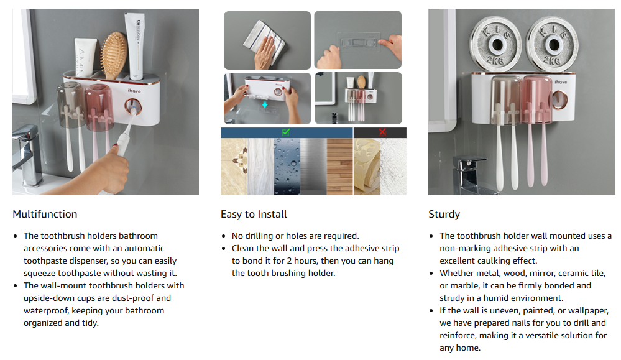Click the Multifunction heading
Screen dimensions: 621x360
coord(45,215)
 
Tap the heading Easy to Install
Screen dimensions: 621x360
coord(254,215)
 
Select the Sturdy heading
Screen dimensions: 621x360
coord(444,215)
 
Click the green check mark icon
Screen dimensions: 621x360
coord(286,132)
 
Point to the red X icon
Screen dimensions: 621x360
coord(382,132)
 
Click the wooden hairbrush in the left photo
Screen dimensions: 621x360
coord(113,55)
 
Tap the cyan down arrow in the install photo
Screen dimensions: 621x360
coord(265,104)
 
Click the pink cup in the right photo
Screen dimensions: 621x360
coord(537,100)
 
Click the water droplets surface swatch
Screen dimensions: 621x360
coord(287,167)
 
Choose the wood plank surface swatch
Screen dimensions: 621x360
coord(339,167)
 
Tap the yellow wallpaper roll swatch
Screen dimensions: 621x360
coord(367,167)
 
